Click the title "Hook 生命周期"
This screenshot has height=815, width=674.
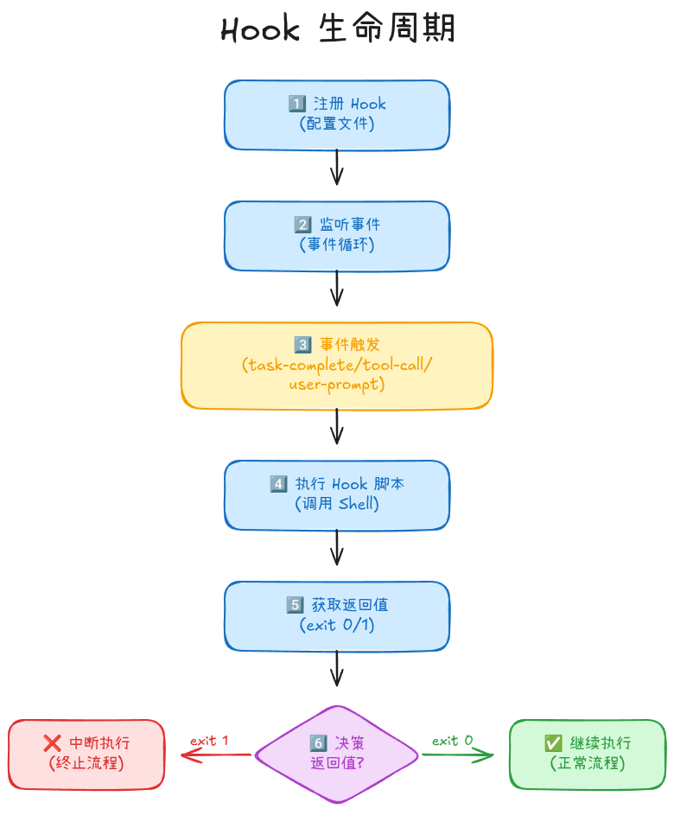point(337,29)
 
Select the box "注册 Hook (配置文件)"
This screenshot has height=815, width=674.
point(337,115)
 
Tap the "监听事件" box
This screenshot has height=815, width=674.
point(337,235)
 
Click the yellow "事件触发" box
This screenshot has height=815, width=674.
point(337,365)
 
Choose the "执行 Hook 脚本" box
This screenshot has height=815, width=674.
point(337,494)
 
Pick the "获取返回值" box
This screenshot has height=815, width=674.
point(337,615)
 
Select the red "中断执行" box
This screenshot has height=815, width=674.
point(86,754)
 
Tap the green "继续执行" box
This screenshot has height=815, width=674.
point(588,754)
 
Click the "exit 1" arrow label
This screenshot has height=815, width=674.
point(209,741)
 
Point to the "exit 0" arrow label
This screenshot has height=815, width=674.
point(453,741)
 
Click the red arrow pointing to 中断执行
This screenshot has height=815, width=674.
point(216,755)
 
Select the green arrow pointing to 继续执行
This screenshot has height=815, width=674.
point(458,755)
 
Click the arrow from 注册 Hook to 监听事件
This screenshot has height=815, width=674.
point(337,167)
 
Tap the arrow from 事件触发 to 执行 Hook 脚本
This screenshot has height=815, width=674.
point(337,425)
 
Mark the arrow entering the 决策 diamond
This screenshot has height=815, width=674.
point(337,668)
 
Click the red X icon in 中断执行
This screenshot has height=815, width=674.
point(52,743)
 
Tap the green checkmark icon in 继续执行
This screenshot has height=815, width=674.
point(553,743)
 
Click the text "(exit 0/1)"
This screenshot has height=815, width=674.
point(337,625)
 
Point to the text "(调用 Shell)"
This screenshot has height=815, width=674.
point(337,504)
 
